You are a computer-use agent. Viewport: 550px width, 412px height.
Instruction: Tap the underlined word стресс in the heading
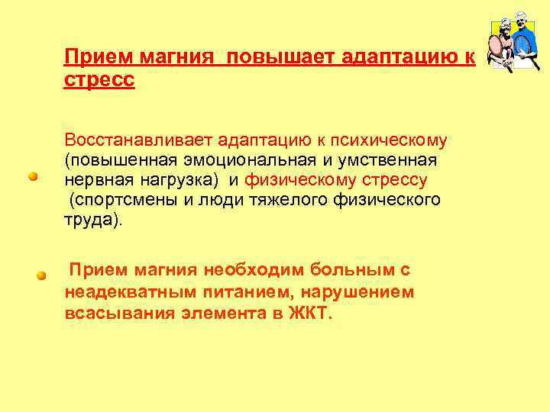coord(99,80)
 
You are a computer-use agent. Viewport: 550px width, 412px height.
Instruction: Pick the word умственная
coord(394,161)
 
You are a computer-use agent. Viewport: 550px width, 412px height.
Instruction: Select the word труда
coord(89,220)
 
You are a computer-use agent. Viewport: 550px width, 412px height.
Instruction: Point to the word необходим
coord(247,270)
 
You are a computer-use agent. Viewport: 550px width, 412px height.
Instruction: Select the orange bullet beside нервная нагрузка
coord(34,176)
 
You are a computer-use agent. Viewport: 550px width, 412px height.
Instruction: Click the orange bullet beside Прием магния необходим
coord(43,275)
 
